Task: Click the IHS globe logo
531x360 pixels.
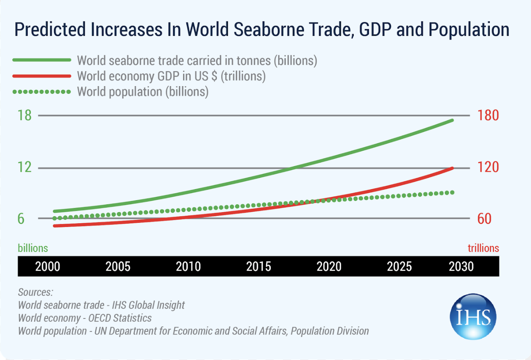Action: coord(472,316)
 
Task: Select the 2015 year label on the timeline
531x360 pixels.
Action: coord(258,266)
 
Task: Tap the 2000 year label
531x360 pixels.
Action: coord(48,266)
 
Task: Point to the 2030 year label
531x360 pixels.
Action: coord(461,266)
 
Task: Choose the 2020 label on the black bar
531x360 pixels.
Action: coord(329,266)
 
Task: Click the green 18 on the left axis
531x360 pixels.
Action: coord(25,115)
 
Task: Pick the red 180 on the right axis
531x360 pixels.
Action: coord(488,115)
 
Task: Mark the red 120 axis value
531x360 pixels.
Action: coord(488,167)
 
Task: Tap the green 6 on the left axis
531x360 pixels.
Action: coord(21,219)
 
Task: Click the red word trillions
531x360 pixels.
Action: coord(483,248)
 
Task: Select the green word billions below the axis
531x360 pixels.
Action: coord(33,248)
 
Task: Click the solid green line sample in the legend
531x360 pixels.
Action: coord(42,60)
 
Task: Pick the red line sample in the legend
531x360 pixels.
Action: coord(42,76)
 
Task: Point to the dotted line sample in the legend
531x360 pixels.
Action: coord(42,91)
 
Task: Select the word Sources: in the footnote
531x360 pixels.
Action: coord(36,292)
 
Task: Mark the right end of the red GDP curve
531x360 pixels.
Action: coord(452,168)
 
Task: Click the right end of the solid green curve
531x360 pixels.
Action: coord(452,120)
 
